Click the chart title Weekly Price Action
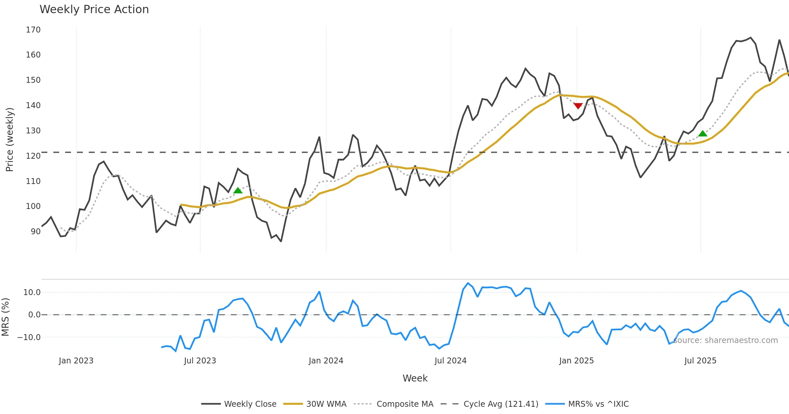point(94,10)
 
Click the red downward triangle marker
point(578,106)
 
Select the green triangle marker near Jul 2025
point(703,133)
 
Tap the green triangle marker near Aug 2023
point(238,191)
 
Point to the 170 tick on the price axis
point(33,30)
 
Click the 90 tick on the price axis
point(36,232)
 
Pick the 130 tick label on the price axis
point(33,131)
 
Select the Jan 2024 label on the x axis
point(326,361)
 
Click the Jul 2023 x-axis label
point(200,361)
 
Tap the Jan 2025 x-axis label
point(576,361)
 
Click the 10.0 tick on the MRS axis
point(32,292)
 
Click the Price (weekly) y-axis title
point(10,140)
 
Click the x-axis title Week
point(415,379)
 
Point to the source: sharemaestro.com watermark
point(725,340)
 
